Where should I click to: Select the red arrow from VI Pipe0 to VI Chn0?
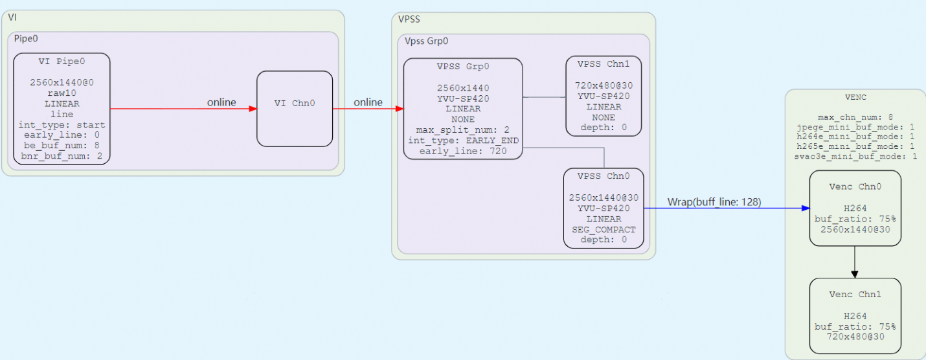tap(183, 109)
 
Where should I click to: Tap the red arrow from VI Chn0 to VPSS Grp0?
tap(368, 109)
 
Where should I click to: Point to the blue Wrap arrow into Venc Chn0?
tap(727, 208)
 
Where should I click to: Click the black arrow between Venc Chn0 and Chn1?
tap(855, 262)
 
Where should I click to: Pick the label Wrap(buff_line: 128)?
tap(714, 202)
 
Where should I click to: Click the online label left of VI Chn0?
tap(221, 102)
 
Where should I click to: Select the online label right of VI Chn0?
tap(368, 102)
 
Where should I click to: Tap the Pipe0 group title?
tap(26, 38)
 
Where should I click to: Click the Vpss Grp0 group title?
tap(426, 41)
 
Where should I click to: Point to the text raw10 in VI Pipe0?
tap(62, 93)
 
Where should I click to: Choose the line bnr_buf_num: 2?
tap(62, 156)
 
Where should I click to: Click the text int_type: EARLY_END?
tap(463, 141)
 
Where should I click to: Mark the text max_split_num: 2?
tap(462, 129)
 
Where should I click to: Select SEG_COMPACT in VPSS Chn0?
tap(604, 229)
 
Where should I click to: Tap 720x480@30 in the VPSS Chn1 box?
tap(604, 85)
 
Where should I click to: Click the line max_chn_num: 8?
tap(855, 117)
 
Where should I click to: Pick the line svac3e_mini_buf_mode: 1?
tap(855, 156)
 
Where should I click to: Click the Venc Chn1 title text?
tap(855, 295)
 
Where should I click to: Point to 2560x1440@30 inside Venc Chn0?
tap(855, 229)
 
